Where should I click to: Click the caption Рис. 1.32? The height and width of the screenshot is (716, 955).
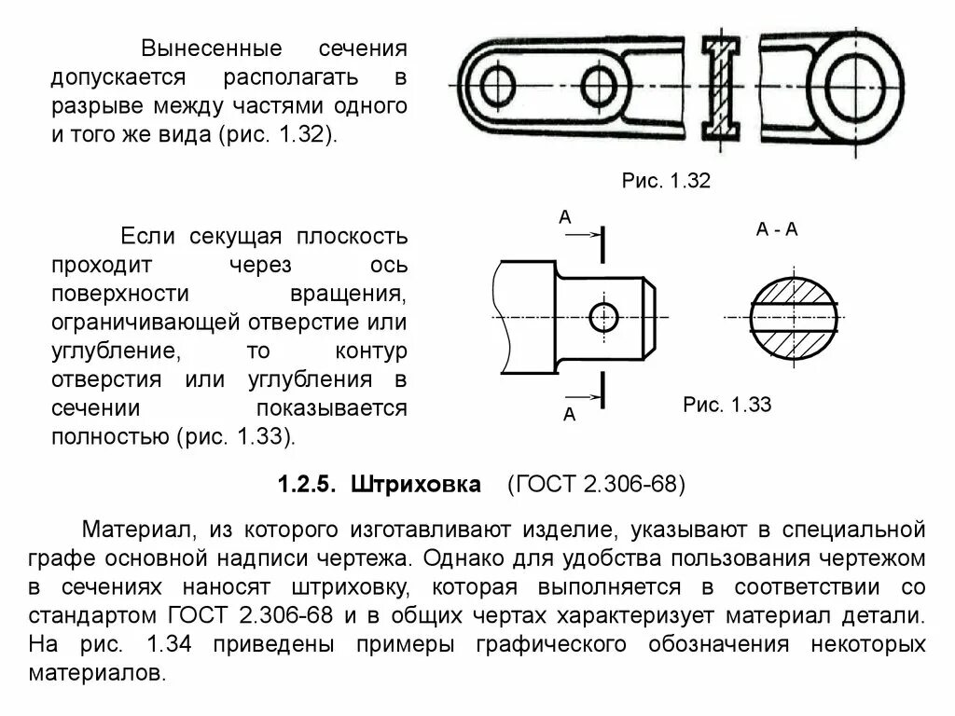[666, 181]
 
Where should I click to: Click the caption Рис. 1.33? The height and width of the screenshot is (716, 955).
[727, 406]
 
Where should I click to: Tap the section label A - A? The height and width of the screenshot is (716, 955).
[777, 229]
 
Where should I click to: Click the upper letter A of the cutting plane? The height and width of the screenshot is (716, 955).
[564, 217]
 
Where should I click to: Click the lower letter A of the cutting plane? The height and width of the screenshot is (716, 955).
[569, 415]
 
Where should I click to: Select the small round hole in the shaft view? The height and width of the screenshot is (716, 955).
[604, 317]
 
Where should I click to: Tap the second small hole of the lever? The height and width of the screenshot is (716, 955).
[600, 86]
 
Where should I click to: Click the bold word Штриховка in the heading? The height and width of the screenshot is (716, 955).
[417, 485]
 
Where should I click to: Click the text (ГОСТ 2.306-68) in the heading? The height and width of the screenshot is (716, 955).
[596, 485]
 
